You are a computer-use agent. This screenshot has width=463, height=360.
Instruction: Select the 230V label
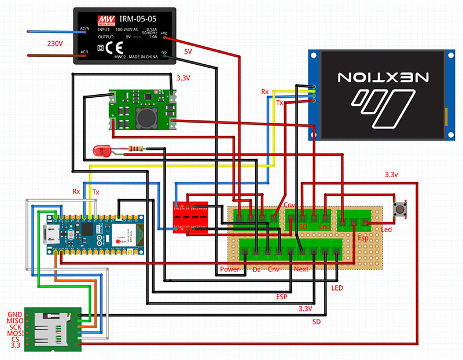pyautogui.click(x=56, y=44)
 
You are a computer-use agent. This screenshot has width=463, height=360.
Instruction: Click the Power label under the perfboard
pyautogui.click(x=230, y=270)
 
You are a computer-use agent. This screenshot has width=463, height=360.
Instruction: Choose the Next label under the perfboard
pyautogui.click(x=302, y=270)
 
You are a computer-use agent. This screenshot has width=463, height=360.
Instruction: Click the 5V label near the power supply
pyautogui.click(x=188, y=52)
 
